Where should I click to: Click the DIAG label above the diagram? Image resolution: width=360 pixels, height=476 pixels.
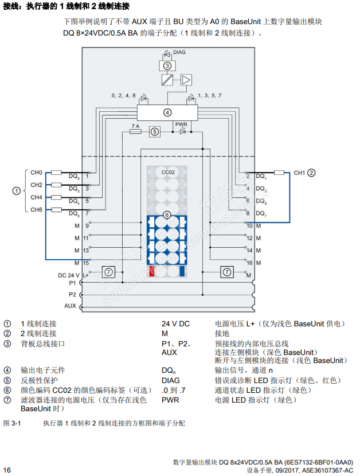pos(179,52)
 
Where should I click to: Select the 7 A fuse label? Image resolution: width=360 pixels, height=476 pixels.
pos(135,126)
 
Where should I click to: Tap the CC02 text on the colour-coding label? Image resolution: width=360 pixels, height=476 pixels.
pos(168,172)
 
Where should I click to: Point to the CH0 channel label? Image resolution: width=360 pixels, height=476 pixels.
pos(37,172)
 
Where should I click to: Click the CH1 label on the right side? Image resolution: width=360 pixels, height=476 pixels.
pos(300,172)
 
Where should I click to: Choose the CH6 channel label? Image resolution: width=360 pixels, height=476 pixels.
pos(37,210)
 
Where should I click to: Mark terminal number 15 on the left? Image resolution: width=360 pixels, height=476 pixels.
pos(86,263)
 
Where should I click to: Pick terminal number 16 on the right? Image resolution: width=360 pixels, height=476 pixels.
pos(249,263)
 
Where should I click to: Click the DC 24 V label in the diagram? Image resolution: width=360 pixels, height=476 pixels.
pos(68,275)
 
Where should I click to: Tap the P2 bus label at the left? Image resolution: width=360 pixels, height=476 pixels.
pos(72,294)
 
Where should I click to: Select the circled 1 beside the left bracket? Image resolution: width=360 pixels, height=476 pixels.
pos(17,191)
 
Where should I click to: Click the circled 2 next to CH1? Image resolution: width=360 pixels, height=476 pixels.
pos(312,172)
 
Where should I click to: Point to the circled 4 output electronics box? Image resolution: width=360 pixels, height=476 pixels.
pos(167,112)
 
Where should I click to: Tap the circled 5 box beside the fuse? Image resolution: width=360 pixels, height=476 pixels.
pos(154,131)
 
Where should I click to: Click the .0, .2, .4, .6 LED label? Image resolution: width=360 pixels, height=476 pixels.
pos(123,95)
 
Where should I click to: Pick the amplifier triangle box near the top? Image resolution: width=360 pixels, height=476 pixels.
pos(186,80)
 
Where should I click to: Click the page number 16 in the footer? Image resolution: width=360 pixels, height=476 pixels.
pos(7,470)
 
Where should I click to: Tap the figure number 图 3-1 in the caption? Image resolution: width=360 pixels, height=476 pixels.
pos(12,423)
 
